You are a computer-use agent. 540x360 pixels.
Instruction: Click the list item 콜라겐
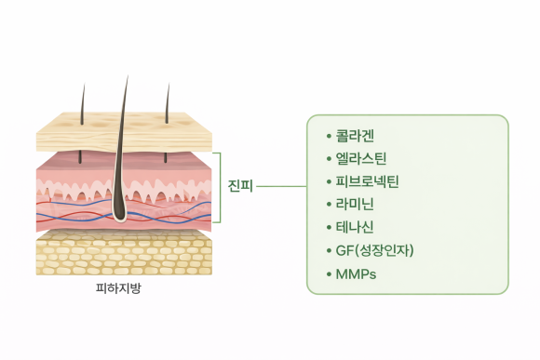(356, 136)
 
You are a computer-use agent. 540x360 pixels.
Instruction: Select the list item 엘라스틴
(360, 158)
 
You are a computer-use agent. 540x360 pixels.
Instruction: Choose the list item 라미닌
(356, 204)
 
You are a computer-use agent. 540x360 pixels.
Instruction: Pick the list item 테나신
(356, 226)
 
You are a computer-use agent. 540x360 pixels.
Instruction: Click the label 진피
(239, 186)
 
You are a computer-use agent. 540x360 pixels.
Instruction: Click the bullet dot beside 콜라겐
(329, 136)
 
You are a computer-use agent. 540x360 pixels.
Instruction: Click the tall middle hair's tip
(126, 78)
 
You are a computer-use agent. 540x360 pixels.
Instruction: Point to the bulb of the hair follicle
(122, 216)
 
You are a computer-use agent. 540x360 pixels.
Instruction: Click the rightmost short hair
(168, 102)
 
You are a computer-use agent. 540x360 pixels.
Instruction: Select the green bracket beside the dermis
(221, 186)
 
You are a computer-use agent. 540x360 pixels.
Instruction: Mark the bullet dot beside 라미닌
(329, 204)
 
